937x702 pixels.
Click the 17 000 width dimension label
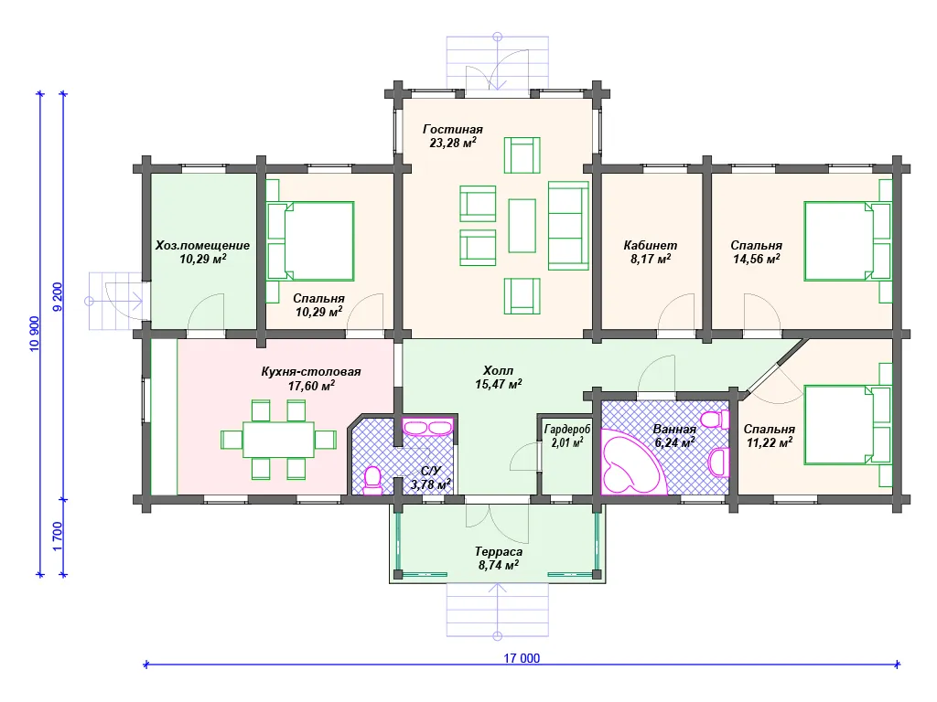(x=521, y=658)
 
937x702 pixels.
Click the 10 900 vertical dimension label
(x=35, y=334)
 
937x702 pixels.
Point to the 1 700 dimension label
(x=58, y=536)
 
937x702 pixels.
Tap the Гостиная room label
(x=452, y=129)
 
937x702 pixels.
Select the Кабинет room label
(x=651, y=245)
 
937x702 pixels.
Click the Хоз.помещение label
(x=202, y=245)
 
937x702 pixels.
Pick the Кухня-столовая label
(x=311, y=371)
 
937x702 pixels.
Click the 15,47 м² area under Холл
(x=499, y=385)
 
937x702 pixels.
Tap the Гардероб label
(x=567, y=430)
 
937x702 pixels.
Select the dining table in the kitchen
(x=278, y=440)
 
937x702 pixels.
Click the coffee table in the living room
(x=522, y=226)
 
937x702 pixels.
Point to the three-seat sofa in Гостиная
(x=568, y=226)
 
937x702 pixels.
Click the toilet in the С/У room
(x=372, y=481)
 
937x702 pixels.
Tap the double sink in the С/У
(x=427, y=428)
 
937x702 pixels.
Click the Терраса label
(x=499, y=551)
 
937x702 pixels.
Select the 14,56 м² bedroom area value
(x=757, y=259)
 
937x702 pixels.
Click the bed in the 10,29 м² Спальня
(x=310, y=241)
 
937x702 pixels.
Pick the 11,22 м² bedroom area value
(x=770, y=442)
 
